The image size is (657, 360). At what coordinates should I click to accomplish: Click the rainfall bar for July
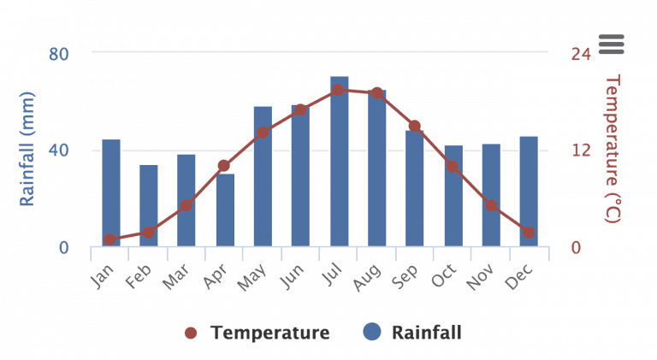pyautogui.click(x=339, y=162)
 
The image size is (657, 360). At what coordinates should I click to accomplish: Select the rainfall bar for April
pyautogui.click(x=225, y=211)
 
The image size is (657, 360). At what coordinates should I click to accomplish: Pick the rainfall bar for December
pyautogui.click(x=529, y=192)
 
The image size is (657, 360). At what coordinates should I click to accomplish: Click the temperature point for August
pyautogui.click(x=376, y=93)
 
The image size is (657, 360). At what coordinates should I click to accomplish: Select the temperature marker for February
pyautogui.click(x=149, y=233)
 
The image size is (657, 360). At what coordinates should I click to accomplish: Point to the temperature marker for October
pyautogui.click(x=453, y=166)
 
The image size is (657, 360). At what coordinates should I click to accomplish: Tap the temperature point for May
pyautogui.click(x=263, y=133)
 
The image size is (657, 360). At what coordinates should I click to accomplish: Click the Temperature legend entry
pyautogui.click(x=257, y=333)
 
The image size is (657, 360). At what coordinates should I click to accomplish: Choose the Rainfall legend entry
pyautogui.click(x=413, y=333)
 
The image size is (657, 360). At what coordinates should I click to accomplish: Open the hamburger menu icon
pyautogui.click(x=612, y=44)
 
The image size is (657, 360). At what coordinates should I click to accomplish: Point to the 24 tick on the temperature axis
pyautogui.click(x=581, y=54)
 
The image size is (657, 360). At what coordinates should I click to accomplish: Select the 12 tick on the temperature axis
pyautogui.click(x=581, y=150)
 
